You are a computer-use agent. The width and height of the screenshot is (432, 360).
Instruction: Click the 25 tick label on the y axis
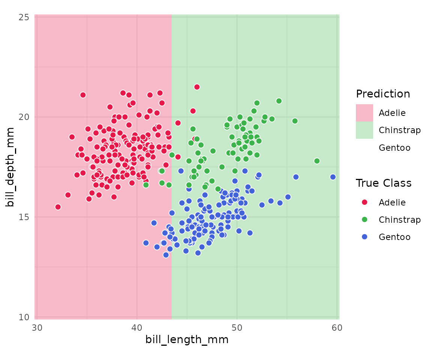[x=24, y=17]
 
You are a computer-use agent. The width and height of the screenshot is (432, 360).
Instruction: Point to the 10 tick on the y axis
[x=24, y=317]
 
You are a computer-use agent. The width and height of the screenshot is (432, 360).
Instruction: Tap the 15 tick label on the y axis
[x=24, y=217]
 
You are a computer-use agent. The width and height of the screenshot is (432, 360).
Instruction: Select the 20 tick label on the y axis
[x=24, y=117]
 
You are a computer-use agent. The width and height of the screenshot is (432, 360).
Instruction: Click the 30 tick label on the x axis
[x=37, y=327]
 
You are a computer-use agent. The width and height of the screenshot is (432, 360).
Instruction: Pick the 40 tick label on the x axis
[x=137, y=327]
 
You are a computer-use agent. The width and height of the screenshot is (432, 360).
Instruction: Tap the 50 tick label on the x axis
[x=237, y=327]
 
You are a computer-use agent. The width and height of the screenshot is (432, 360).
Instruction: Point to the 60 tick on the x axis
[x=337, y=327]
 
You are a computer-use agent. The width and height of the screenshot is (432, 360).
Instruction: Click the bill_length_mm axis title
[x=187, y=340]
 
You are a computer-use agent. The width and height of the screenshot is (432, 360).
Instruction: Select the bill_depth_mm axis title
[x=10, y=167]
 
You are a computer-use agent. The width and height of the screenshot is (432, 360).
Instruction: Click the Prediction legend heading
[x=383, y=94]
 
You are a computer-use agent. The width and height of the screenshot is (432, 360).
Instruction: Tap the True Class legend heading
[x=384, y=183]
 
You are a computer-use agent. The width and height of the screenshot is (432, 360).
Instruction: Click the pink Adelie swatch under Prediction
[x=364, y=112]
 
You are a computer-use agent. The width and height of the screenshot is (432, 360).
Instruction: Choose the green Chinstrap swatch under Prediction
[x=364, y=130]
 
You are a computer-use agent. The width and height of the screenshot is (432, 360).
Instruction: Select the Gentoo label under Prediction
[x=394, y=148]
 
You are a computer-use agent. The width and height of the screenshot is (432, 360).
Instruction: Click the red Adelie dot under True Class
[x=364, y=202]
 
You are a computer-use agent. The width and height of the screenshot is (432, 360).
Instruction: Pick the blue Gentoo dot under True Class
[x=364, y=237]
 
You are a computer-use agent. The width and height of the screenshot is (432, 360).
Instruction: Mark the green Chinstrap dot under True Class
[x=364, y=219]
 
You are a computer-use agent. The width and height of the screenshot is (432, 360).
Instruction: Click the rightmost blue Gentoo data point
[x=333, y=177]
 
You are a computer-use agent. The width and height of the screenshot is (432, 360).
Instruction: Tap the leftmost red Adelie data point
[x=58, y=207]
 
